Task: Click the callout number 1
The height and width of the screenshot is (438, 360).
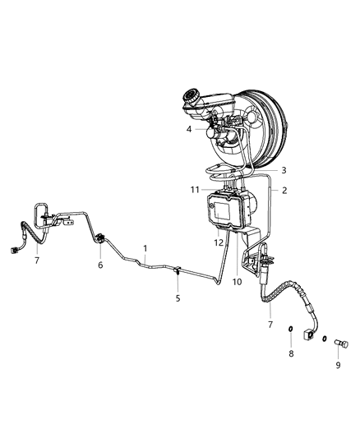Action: [x=145, y=247]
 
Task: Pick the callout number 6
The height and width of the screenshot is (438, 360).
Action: [x=100, y=265]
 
